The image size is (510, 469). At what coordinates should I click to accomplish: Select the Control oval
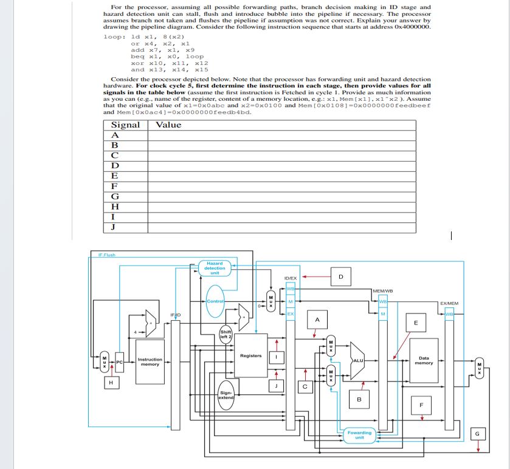point(216,301)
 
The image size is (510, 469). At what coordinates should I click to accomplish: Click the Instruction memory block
point(150,361)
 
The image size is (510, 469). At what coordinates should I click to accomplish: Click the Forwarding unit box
point(359,434)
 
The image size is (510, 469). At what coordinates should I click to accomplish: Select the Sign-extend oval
point(226,395)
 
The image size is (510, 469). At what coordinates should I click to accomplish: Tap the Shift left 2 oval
point(226,335)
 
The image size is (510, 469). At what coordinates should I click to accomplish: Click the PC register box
point(120,363)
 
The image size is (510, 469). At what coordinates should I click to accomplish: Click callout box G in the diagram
point(478,433)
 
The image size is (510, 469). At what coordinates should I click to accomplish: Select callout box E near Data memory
point(416,322)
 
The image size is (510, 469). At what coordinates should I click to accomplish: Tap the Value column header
point(168,125)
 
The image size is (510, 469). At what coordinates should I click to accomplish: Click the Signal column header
point(125,125)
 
